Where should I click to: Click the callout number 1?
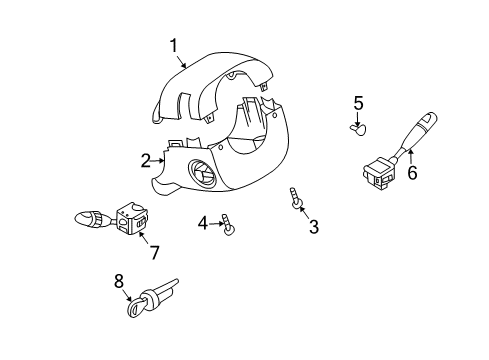point(174,45)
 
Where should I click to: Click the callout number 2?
point(146,159)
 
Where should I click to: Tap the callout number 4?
point(201,221)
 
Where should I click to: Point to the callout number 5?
point(357,102)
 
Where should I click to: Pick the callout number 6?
point(411,172)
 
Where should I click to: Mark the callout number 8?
point(118,282)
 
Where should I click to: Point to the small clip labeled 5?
point(358,127)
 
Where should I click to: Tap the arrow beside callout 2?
point(158,160)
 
